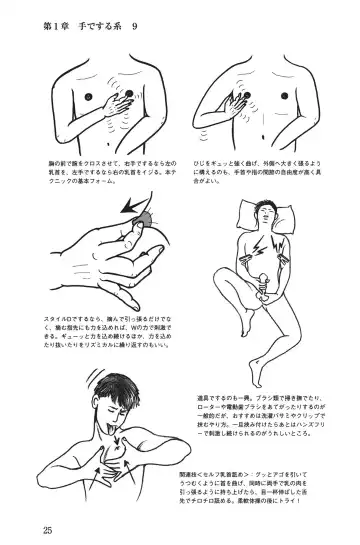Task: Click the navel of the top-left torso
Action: click(x=102, y=133)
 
